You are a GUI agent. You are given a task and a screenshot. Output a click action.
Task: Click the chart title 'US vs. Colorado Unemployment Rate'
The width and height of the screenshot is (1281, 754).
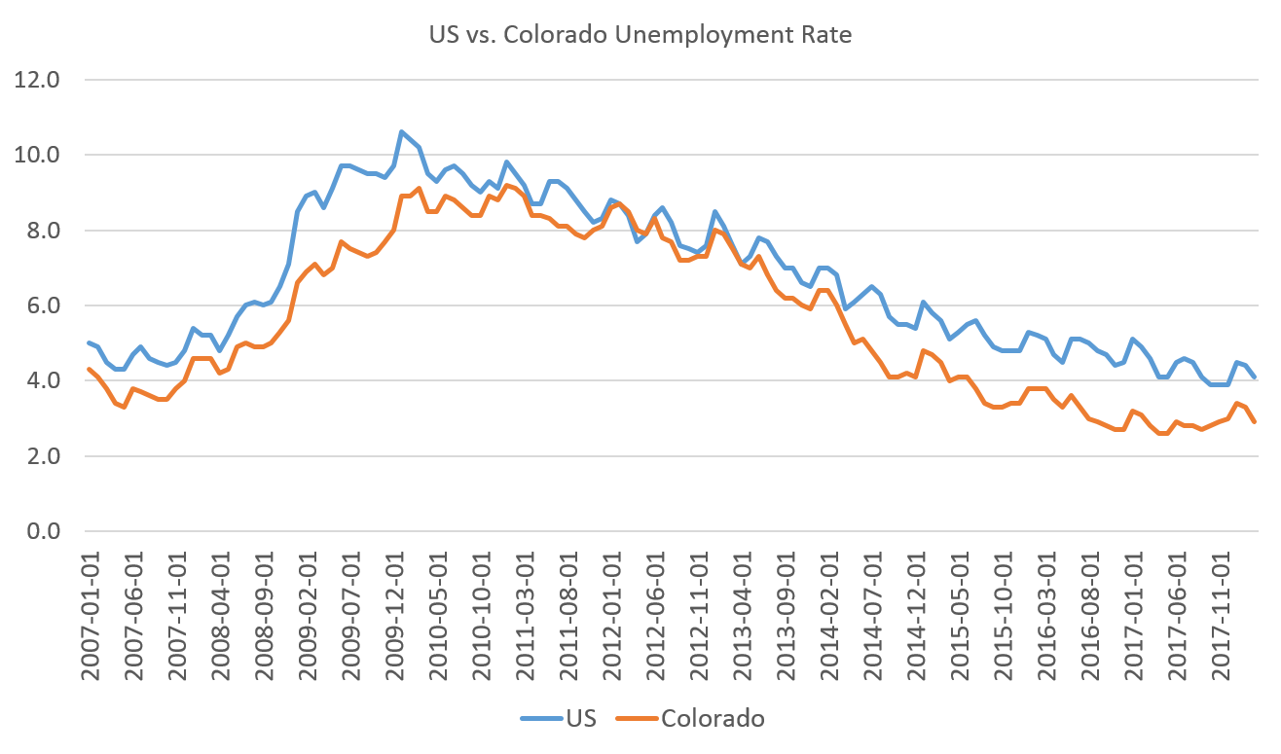(640, 35)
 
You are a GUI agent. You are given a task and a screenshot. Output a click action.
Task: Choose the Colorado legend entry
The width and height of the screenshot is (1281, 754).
(713, 719)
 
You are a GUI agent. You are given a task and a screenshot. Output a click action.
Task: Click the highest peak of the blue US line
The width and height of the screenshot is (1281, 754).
(400, 131)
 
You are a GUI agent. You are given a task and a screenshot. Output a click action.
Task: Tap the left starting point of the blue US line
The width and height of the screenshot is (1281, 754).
(89, 342)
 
